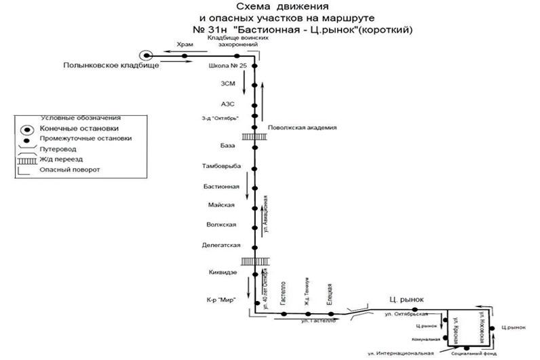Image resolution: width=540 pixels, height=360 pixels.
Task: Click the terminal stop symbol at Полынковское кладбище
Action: pos(145,55)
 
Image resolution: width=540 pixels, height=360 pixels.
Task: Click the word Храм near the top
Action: pos(185,45)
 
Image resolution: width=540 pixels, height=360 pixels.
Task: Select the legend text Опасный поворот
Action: pos(70,169)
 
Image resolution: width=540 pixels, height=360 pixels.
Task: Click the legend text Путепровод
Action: pos(64,148)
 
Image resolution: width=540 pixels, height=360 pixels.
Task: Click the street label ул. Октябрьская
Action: pos(405,315)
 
